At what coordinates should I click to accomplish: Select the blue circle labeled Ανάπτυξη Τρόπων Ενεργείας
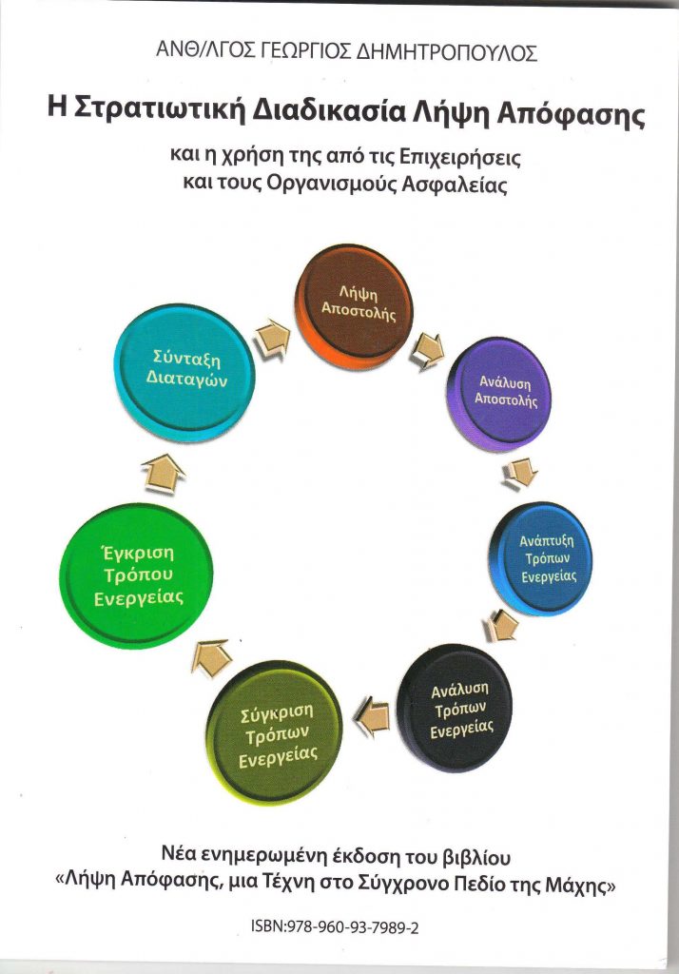point(540,558)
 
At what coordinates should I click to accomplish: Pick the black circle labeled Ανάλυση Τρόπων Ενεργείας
point(455,708)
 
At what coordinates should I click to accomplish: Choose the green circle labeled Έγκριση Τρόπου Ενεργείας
point(136,575)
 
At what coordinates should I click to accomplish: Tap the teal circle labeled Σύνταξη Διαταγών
point(184,372)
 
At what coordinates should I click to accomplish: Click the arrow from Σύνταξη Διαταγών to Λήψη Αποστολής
point(273,339)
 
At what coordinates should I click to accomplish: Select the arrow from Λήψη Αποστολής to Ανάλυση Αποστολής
point(427,350)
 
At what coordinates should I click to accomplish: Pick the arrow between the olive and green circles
point(210,657)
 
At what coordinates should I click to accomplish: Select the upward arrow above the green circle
point(163,474)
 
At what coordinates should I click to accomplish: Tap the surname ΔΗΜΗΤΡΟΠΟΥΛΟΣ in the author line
point(447,53)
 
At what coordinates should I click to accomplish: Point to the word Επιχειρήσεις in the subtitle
point(460,157)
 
